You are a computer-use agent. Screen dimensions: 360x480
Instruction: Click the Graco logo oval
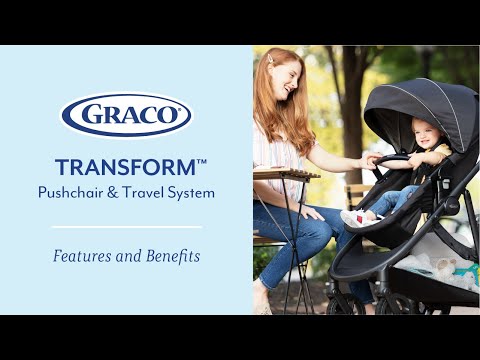click(x=126, y=115)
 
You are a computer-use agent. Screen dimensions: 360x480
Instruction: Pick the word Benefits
click(x=169, y=256)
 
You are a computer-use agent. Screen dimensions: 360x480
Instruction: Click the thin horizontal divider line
click(x=126, y=226)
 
